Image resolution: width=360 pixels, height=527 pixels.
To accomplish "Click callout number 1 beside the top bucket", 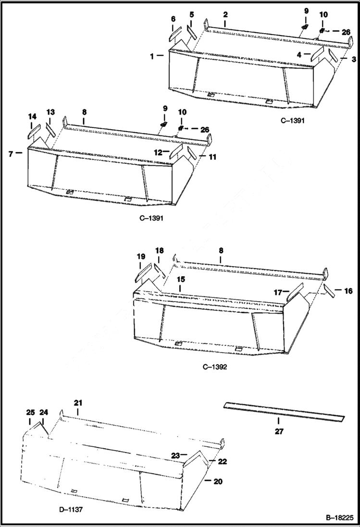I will (152, 56).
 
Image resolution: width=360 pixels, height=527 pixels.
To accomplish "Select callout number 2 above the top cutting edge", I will (225, 15).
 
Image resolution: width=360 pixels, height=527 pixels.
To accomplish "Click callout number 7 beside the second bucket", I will (11, 154).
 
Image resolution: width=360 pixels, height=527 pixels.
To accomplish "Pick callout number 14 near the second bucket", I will (32, 116).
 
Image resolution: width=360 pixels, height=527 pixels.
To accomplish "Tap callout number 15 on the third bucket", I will (180, 279).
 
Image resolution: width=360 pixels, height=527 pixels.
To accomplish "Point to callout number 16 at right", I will (348, 291).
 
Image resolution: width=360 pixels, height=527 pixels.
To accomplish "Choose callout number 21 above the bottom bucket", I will (78, 402).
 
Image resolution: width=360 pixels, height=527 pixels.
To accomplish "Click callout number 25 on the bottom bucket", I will (30, 412).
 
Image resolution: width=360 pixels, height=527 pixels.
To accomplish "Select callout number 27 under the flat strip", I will (279, 431).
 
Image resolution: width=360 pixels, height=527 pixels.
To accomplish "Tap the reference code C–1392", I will (214, 367).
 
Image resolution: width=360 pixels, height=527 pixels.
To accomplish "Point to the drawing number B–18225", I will (339, 518).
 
